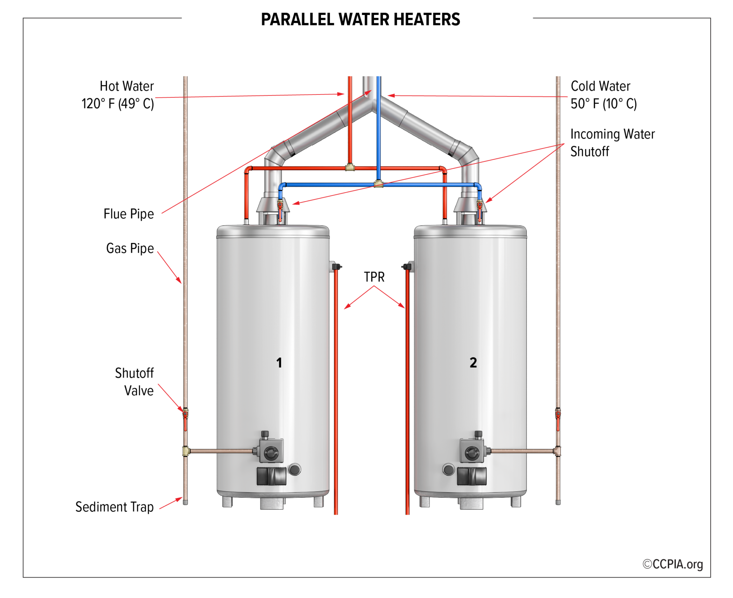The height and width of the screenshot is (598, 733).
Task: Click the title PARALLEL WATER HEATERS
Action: [x=360, y=19]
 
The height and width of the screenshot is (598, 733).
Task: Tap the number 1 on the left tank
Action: [x=279, y=363]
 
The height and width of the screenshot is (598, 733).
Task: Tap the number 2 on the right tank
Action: [x=473, y=363]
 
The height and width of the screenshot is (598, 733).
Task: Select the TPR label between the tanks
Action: [x=374, y=277]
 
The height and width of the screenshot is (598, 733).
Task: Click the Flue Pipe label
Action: [x=128, y=214]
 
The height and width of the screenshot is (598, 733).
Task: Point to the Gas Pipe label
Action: [x=130, y=248]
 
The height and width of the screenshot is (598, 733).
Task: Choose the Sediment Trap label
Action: [x=114, y=507]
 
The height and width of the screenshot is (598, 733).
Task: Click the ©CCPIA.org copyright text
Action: [x=673, y=564]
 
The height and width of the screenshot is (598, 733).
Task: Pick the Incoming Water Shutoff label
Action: [x=612, y=143]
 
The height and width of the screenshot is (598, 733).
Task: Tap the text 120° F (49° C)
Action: [x=117, y=104]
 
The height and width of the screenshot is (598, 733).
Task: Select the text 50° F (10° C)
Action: [x=603, y=104]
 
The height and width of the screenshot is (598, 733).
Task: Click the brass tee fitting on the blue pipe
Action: [x=378, y=184]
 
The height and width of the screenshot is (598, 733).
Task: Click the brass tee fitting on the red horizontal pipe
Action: [x=350, y=167]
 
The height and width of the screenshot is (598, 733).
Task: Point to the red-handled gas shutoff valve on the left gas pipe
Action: [x=185, y=415]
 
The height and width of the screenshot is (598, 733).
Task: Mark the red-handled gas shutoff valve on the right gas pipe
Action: [x=558, y=415]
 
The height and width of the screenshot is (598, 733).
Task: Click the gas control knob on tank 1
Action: [x=271, y=454]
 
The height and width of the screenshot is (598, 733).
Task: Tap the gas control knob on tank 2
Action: [x=472, y=454]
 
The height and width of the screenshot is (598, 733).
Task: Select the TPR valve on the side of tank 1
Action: [x=336, y=267]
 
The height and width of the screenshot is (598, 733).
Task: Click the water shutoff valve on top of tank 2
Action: [x=480, y=206]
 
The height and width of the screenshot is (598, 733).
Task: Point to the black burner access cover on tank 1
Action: [x=271, y=476]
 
